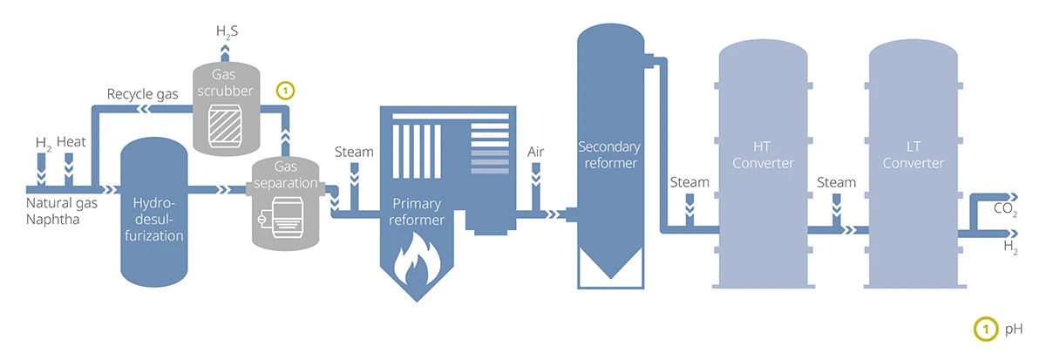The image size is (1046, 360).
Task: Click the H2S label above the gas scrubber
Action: (227, 32)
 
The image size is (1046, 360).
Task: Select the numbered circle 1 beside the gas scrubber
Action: (285, 90)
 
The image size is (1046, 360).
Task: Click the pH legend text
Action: (1013, 329)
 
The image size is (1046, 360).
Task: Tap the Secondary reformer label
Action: (609, 155)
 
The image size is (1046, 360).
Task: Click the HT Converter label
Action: (763, 155)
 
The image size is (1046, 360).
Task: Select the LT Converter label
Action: (914, 155)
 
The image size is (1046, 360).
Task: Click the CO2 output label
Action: (1005, 210)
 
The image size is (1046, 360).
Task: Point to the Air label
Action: (536, 152)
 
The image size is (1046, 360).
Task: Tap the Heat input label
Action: (69, 141)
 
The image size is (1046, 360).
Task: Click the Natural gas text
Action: (62, 204)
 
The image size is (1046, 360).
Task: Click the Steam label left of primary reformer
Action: (354, 152)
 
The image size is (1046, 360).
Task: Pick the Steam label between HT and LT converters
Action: (837, 182)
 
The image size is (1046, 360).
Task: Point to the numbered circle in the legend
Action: (984, 329)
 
